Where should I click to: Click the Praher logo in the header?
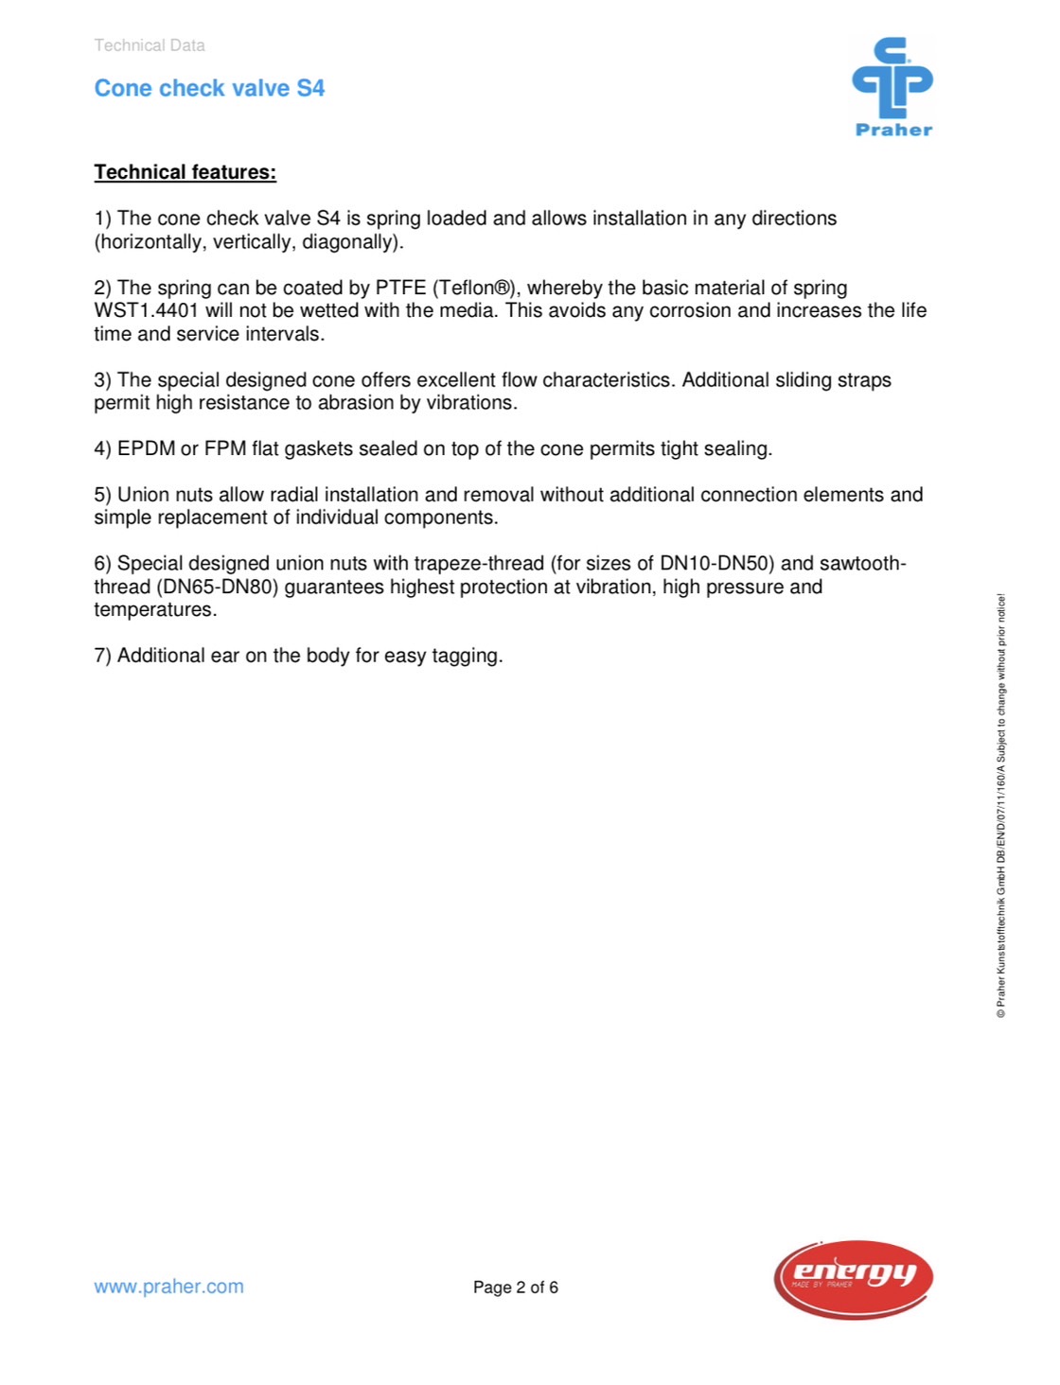point(892,87)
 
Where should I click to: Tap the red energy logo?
point(853,1278)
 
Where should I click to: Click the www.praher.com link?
point(168,1287)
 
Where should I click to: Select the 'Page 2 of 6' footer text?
point(515,1288)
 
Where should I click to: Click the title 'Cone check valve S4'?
point(209,88)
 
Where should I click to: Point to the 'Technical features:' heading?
point(185,172)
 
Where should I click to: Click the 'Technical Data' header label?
point(150,45)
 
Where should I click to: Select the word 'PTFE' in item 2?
point(400,288)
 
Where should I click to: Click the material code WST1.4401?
point(146,310)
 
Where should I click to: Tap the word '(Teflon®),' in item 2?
point(476,288)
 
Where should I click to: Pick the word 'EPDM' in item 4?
point(146,448)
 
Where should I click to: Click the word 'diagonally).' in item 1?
point(352,242)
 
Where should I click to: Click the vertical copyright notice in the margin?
point(1001,806)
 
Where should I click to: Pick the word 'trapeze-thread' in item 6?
point(479,564)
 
